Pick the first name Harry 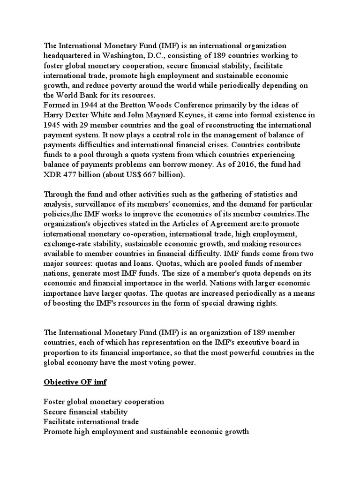(x=54, y=114)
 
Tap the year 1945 (x=52, y=124)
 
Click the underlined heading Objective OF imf (x=75, y=382)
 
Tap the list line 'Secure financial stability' (x=85, y=412)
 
